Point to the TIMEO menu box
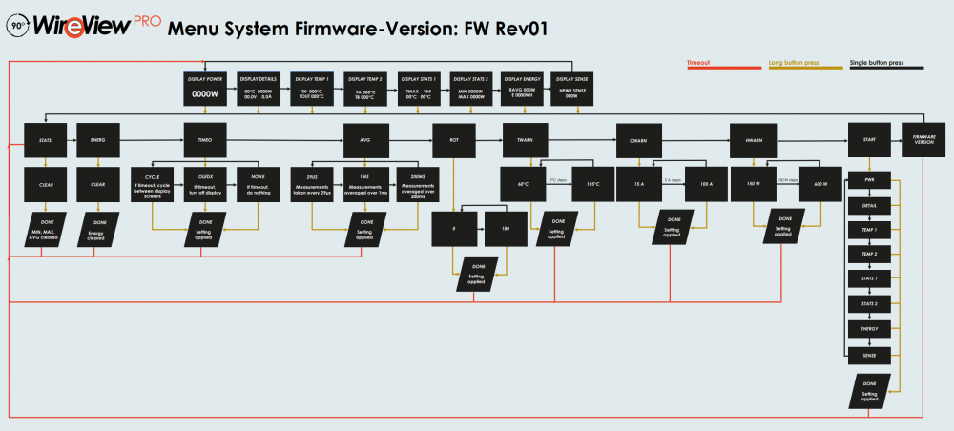point(205,139)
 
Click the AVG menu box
point(365,139)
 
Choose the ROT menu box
point(454,139)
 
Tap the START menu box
point(869,139)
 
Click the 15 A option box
point(640,183)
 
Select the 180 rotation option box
point(506,229)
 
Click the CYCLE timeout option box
point(153,183)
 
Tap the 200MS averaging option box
point(417,183)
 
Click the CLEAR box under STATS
point(46,183)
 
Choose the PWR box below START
point(869,180)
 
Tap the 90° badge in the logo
point(17,27)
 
